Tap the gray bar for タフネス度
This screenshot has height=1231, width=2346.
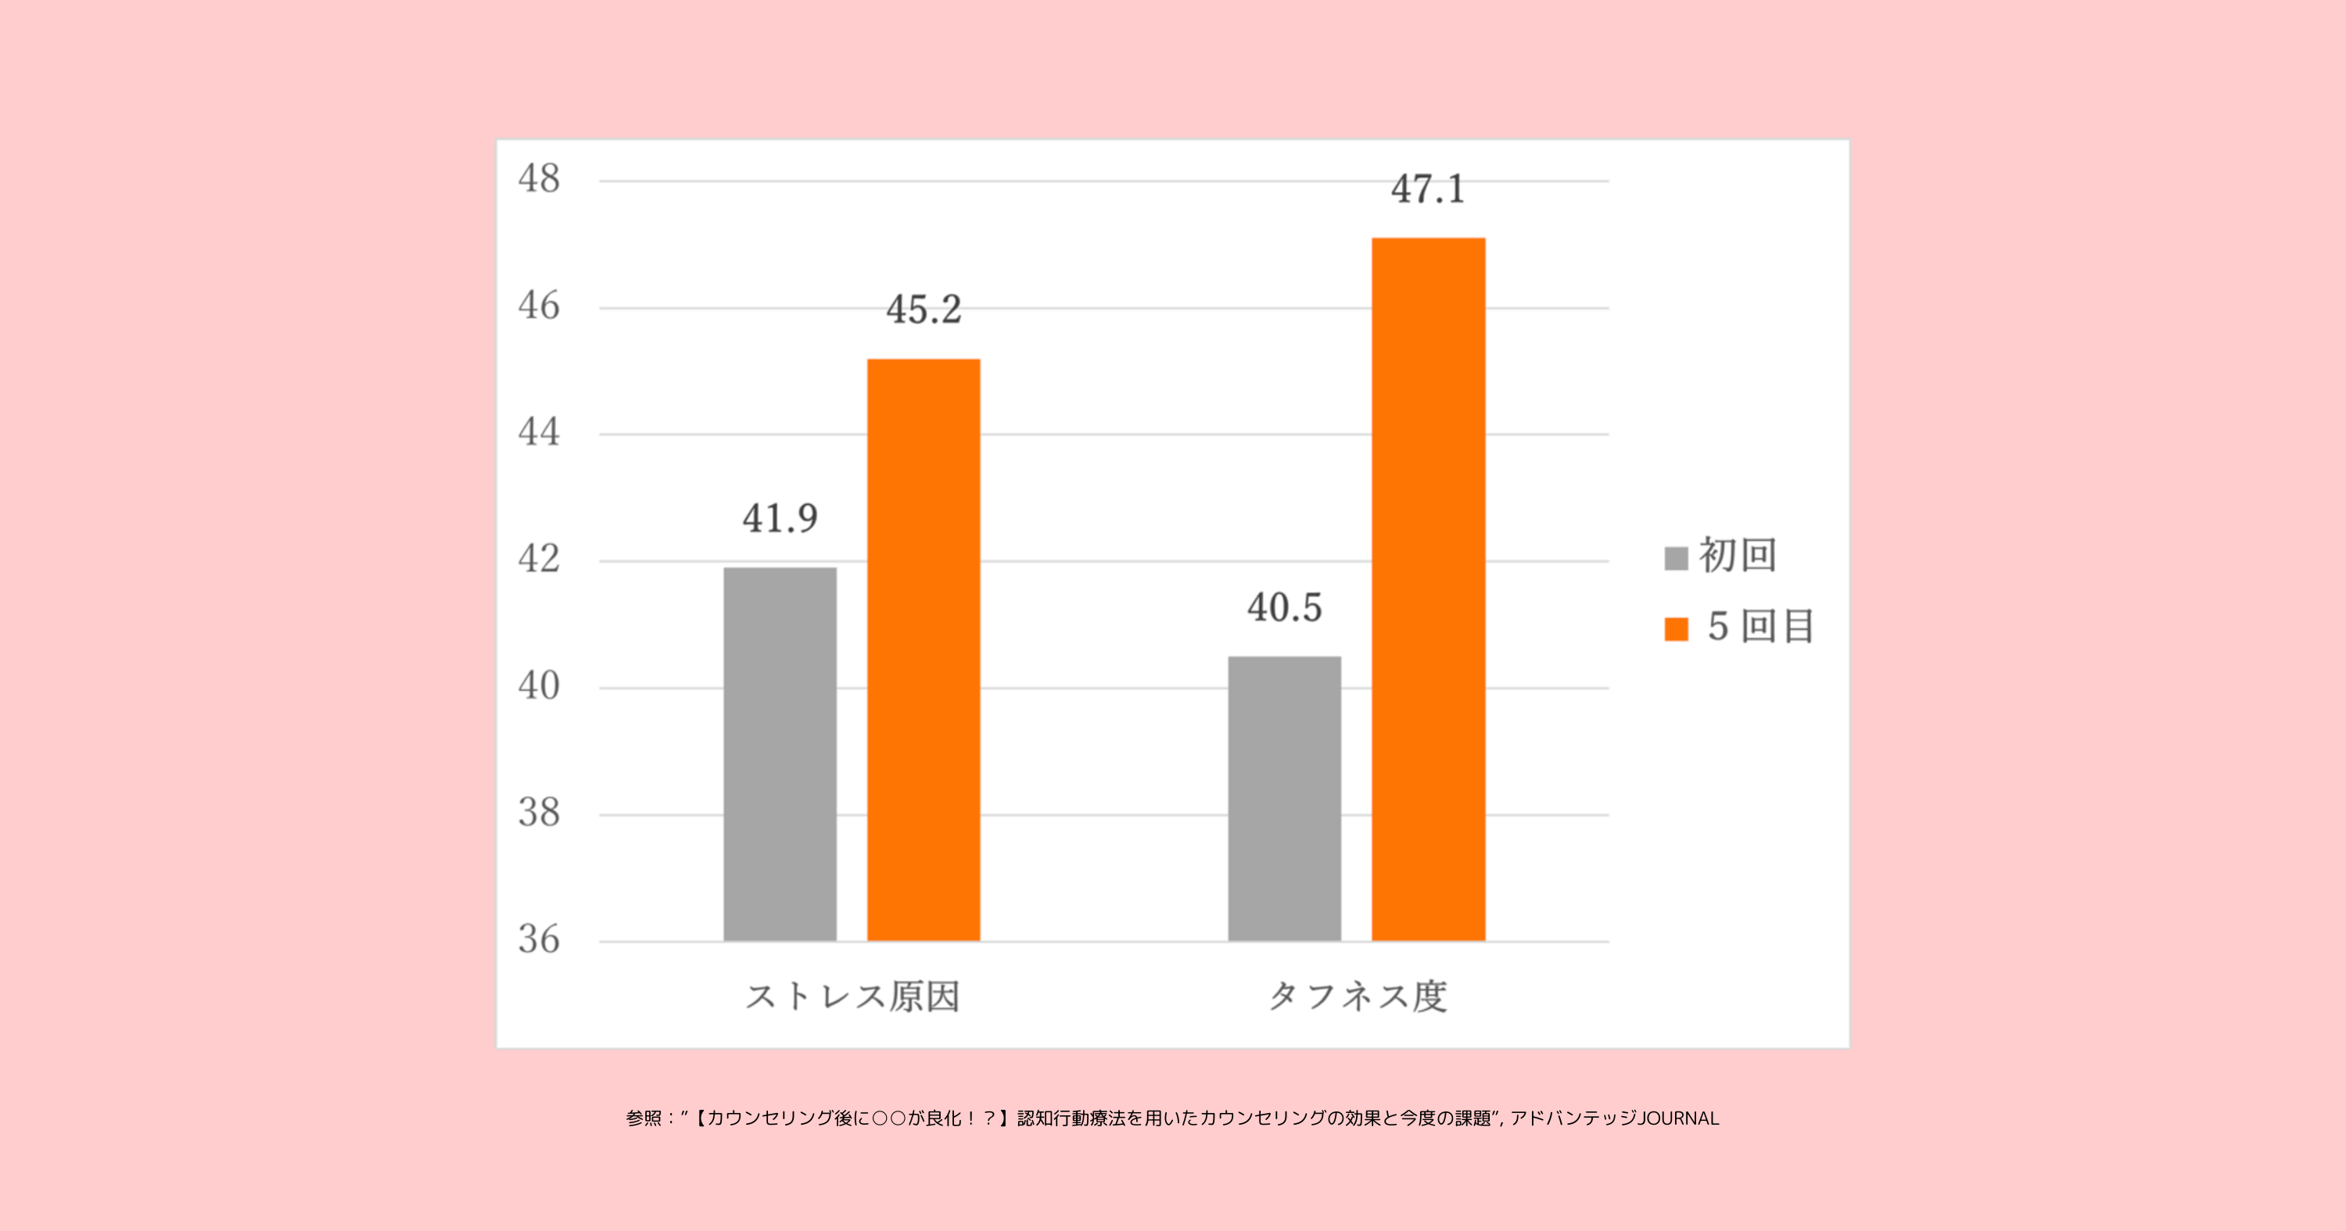[x=1284, y=799]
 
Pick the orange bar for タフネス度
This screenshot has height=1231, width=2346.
[x=1428, y=589]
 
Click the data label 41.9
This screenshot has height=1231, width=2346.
[x=780, y=519]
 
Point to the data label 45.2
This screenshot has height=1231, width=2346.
[x=924, y=310]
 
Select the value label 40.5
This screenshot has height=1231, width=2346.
[x=1284, y=607]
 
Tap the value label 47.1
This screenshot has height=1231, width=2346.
[x=1428, y=189]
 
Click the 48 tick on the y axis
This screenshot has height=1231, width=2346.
[x=539, y=178]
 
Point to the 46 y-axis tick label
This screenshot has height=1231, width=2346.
[x=539, y=306]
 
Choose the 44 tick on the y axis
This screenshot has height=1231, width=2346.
[x=539, y=432]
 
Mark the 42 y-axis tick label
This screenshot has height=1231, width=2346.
[x=539, y=559]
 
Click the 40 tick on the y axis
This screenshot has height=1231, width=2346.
[x=539, y=685]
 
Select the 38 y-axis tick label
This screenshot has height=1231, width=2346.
[x=539, y=812]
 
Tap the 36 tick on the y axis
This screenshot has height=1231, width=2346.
[x=539, y=939]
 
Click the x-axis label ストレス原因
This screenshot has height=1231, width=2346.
[x=852, y=996]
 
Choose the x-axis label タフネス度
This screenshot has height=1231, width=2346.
[x=1357, y=996]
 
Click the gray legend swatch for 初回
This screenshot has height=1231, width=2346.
[x=1676, y=558]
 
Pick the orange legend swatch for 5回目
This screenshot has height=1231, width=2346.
[x=1676, y=629]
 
